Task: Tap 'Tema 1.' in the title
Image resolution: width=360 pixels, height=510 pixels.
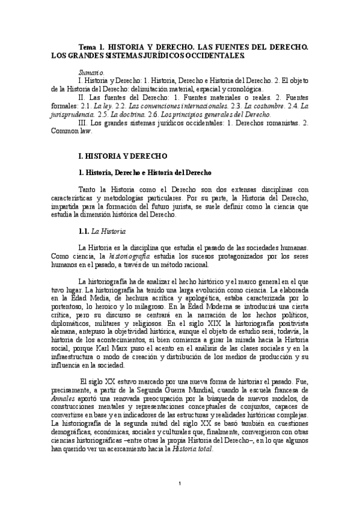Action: (x=93, y=46)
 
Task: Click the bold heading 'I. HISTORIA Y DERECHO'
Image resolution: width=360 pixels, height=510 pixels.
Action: (x=118, y=156)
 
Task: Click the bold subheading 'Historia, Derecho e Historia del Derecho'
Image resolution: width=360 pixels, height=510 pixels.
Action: (x=148, y=173)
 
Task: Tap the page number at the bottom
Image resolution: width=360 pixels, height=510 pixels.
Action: (x=180, y=484)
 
